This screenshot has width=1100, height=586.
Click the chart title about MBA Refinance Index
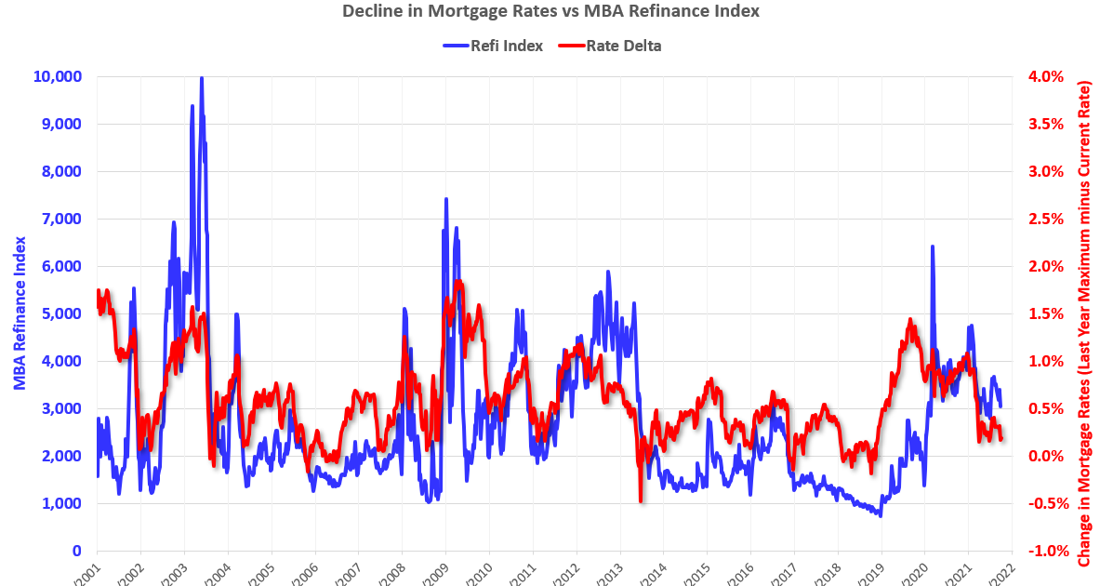point(550,12)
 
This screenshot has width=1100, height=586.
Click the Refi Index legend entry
point(493,46)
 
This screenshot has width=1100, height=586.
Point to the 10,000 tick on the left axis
point(58,76)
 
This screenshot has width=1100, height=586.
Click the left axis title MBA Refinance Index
point(19,313)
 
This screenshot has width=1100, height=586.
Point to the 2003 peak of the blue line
point(202,79)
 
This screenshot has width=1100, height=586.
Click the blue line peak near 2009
point(446,199)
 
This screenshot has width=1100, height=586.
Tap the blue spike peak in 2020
point(932,247)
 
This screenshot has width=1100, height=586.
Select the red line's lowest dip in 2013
point(641,500)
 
